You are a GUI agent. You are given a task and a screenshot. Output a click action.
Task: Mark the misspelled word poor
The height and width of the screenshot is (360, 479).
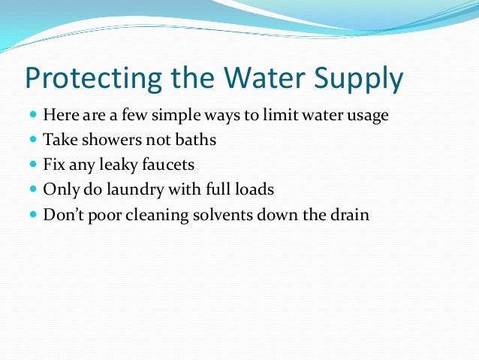tap(104, 214)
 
